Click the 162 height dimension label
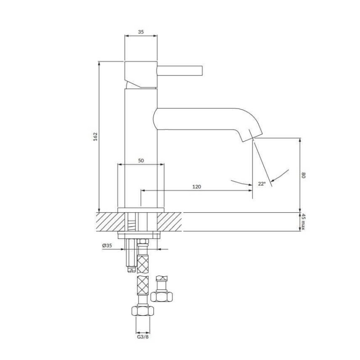(95, 137)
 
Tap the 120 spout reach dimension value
(197, 187)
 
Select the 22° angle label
(262, 184)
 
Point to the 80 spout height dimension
(303, 175)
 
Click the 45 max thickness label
(303, 222)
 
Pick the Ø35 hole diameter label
(107, 246)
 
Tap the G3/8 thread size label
(143, 337)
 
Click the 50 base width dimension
(141, 161)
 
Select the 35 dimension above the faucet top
(141, 32)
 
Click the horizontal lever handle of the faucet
(180, 71)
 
